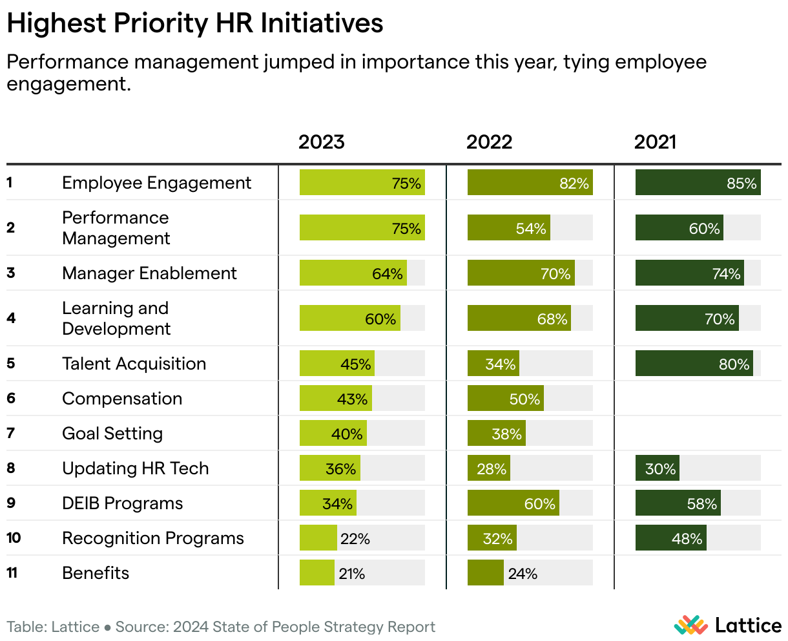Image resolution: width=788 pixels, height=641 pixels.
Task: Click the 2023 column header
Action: pos(321,142)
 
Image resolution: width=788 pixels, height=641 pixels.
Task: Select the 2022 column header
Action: pos(489,142)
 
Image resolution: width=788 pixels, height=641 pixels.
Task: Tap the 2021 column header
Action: pos(655,142)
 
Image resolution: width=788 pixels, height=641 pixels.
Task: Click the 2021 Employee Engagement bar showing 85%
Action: pos(698,183)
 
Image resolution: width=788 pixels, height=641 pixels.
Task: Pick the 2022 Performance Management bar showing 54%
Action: pos(508,228)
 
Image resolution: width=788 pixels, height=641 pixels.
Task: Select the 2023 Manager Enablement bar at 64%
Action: pos(353,273)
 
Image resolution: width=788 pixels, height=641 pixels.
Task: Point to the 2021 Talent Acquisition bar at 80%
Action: pos(694,364)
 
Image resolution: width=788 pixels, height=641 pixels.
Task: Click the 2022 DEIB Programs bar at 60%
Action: pos(513,503)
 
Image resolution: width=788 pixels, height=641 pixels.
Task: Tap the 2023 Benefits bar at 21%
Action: pos(317,573)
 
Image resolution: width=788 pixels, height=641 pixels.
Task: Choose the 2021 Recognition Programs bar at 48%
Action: pos(670,538)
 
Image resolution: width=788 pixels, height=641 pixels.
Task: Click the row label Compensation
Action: pos(122,399)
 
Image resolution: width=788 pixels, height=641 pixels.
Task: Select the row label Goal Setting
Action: pos(112,434)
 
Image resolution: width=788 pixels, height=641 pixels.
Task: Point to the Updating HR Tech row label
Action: pos(136,468)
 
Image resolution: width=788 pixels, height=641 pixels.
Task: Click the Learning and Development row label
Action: pos(116,319)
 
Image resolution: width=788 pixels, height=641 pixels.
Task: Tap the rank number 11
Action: pos(12,573)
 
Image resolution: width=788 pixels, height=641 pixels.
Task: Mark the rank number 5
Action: pos(11,363)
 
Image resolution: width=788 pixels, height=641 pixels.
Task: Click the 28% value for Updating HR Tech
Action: pos(492,469)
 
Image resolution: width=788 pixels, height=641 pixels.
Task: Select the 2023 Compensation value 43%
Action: pos(352,399)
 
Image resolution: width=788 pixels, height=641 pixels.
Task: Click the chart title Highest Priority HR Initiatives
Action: pos(195,24)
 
